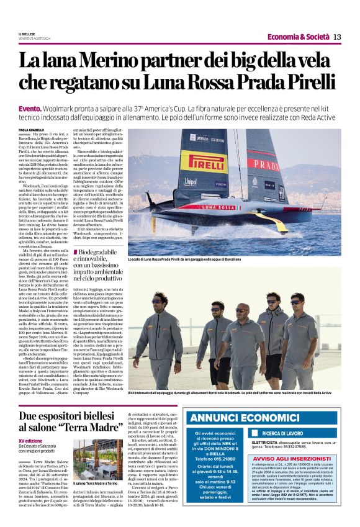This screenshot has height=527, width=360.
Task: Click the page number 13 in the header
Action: coord(337,37)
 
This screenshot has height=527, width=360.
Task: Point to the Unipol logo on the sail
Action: coord(191,182)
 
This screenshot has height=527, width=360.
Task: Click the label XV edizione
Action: coord(29,440)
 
